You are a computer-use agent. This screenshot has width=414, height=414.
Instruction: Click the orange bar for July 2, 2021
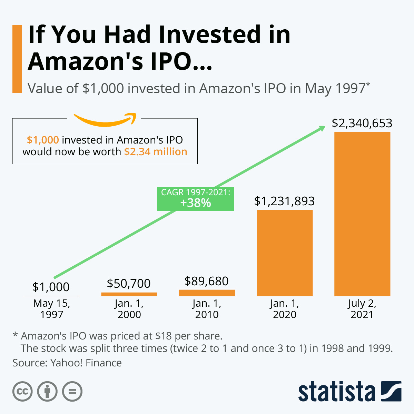click(362, 214)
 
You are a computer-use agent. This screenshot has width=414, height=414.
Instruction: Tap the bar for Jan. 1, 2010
click(207, 293)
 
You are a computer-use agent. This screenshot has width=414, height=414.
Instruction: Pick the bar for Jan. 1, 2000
click(129, 294)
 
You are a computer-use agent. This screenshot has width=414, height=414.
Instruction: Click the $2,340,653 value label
click(362, 123)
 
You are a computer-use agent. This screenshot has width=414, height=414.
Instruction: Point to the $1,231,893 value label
click(284, 201)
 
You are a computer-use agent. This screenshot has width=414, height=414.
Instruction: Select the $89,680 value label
click(206, 281)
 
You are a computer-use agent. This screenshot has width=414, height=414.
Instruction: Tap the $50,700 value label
click(129, 284)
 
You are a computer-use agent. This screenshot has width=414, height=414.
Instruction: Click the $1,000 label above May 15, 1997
click(51, 287)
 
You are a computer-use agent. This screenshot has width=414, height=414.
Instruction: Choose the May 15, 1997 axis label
click(52, 309)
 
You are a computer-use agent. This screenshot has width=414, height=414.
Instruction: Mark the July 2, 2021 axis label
click(362, 309)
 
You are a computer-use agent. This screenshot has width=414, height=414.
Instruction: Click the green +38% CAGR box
click(196, 199)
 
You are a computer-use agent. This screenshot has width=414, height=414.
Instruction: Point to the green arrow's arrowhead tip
click(325, 127)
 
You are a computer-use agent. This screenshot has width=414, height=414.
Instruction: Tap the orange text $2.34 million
click(156, 152)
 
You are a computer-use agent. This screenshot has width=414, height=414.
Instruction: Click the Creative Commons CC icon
click(22, 392)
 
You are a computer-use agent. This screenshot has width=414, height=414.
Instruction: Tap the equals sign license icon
click(72, 392)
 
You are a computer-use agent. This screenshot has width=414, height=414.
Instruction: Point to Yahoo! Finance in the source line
click(86, 363)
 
